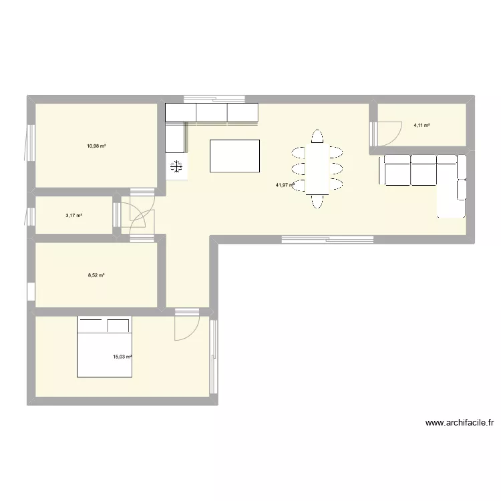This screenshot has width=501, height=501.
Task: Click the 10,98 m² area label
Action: coord(97,145)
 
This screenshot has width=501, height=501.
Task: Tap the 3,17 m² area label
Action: coord(73,215)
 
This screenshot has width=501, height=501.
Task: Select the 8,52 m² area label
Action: coord(97,275)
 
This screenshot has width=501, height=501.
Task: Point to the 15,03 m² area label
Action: coord(122,357)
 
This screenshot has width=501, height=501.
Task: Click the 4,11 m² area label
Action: coord(422,125)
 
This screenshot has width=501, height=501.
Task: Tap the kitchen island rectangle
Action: coord(234,156)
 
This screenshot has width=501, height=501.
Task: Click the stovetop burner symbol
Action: coord(176,167)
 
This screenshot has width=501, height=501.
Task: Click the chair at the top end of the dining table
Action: coord(317,137)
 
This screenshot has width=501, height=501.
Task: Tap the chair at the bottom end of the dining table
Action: coord(317,200)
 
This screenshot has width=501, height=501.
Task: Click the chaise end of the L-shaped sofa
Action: coord(452,198)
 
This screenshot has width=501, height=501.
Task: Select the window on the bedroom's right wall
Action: coord(214,357)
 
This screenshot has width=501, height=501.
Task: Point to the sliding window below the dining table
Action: coord(327,237)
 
